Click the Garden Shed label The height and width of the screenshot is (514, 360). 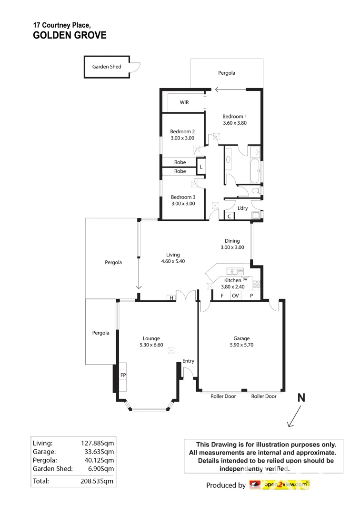pyautogui.click(x=107, y=67)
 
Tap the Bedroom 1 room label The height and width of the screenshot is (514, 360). pyautogui.click(x=235, y=116)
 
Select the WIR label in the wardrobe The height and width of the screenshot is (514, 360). pyautogui.click(x=184, y=102)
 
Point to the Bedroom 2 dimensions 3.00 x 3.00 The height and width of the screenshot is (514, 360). pyautogui.click(x=182, y=138)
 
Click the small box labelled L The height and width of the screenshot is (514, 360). pyautogui.click(x=201, y=167)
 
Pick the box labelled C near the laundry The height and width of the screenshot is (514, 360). pyautogui.click(x=229, y=216)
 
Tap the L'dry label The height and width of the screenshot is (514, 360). pyautogui.click(x=242, y=208)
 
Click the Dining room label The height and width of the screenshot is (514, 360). pyautogui.click(x=232, y=241)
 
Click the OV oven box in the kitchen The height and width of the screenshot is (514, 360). pyautogui.click(x=235, y=296)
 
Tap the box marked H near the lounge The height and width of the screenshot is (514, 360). pyautogui.click(x=170, y=298)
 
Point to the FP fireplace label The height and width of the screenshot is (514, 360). pyautogui.click(x=122, y=376)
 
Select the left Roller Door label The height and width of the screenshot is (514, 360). pyautogui.click(x=223, y=396)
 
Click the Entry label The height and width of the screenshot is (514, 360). pyautogui.click(x=188, y=361)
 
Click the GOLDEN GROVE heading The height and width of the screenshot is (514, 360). pyautogui.click(x=70, y=35)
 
